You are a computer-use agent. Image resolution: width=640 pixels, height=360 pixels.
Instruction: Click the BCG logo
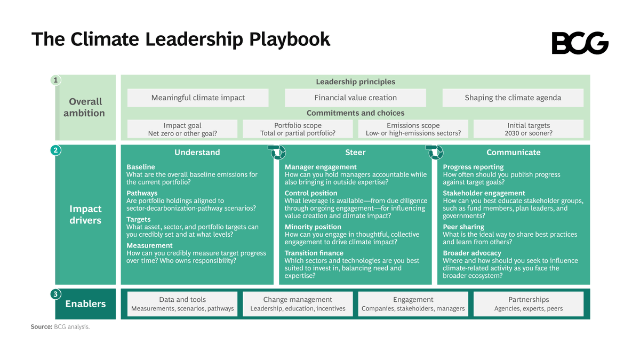(x=580, y=43)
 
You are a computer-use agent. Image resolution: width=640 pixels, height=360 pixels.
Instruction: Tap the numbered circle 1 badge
(x=55, y=80)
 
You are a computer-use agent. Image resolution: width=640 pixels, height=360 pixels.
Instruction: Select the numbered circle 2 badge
(x=55, y=150)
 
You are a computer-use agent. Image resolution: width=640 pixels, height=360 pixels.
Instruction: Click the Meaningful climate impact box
(x=198, y=98)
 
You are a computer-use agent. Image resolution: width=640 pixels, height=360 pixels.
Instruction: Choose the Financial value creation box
(x=355, y=98)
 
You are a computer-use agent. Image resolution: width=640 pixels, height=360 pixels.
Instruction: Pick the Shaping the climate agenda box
(x=513, y=98)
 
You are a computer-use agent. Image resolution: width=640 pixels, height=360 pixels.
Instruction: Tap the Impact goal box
(x=182, y=129)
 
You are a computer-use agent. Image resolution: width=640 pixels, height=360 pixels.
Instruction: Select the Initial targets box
(x=528, y=129)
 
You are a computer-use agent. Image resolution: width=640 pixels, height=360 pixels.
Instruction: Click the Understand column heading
(x=197, y=153)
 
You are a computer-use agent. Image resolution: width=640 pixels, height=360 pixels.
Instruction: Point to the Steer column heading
(x=355, y=153)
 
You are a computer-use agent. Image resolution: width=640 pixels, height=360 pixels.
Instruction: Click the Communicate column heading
(x=513, y=153)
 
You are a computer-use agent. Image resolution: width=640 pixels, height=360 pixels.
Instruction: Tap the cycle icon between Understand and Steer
(x=277, y=152)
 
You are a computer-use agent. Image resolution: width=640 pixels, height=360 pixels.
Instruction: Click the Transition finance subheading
(x=314, y=253)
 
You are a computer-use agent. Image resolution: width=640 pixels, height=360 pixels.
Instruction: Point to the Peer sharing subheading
(x=463, y=227)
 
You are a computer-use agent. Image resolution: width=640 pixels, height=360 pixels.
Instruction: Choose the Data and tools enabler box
(x=182, y=303)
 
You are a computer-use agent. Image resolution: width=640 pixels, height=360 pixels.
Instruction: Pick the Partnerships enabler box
(x=528, y=303)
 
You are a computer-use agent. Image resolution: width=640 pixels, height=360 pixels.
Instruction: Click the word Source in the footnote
(x=41, y=327)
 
